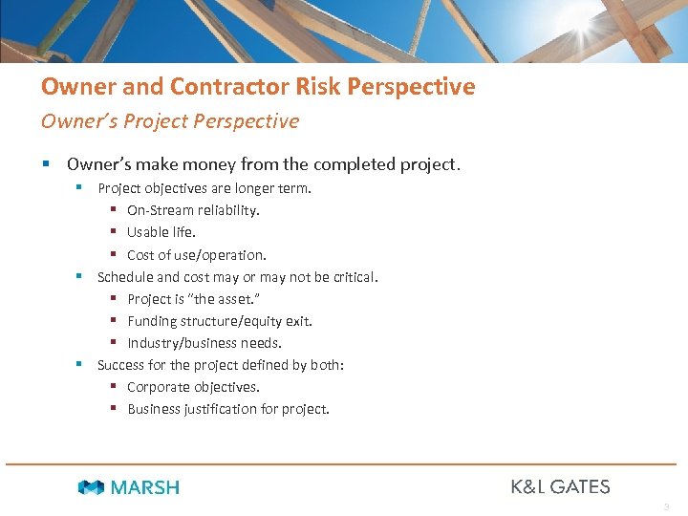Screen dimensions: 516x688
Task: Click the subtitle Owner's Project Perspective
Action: (x=169, y=121)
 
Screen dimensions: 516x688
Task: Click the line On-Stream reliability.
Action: (x=193, y=210)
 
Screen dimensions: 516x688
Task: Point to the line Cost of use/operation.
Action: (x=197, y=255)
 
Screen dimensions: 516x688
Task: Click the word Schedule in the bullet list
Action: (x=125, y=277)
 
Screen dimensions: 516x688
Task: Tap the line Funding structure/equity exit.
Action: (x=220, y=321)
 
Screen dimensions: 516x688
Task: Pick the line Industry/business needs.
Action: (x=204, y=343)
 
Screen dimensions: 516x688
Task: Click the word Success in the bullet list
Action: (x=121, y=365)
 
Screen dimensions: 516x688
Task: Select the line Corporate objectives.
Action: (x=193, y=387)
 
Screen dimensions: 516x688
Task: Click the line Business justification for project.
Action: (x=228, y=409)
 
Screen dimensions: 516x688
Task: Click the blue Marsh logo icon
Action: (x=91, y=487)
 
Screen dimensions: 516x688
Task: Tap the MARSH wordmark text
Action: (x=144, y=487)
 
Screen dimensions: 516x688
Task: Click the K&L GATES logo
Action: (x=560, y=486)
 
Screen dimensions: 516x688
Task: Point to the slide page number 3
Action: (x=666, y=505)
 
